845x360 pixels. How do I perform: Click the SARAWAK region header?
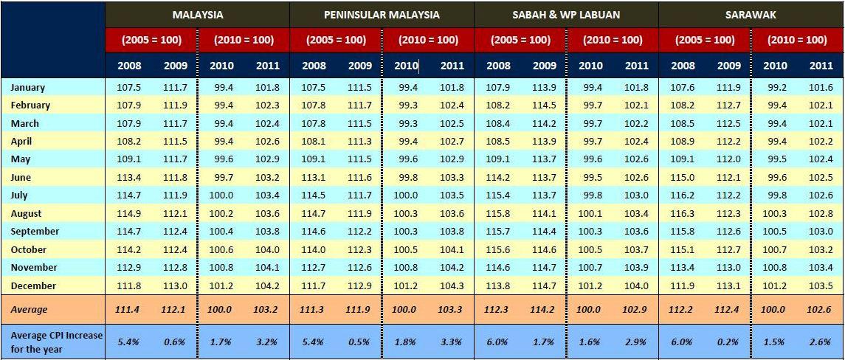(x=751, y=15)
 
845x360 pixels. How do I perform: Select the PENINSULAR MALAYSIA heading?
(x=382, y=15)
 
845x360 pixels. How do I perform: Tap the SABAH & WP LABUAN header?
(x=566, y=15)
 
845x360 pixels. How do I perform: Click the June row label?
(x=21, y=177)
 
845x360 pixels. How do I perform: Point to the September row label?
(x=35, y=231)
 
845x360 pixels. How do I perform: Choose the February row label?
(x=30, y=105)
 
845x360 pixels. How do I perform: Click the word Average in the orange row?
(x=29, y=309)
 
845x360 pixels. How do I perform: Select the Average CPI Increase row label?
(x=57, y=342)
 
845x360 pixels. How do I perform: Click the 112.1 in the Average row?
(x=175, y=309)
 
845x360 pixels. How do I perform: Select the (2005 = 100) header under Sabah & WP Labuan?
(x=520, y=40)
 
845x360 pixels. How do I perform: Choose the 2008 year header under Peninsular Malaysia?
(x=314, y=66)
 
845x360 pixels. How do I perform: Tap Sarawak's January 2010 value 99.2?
(x=774, y=87)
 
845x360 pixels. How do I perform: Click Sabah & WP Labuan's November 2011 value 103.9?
(x=636, y=267)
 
